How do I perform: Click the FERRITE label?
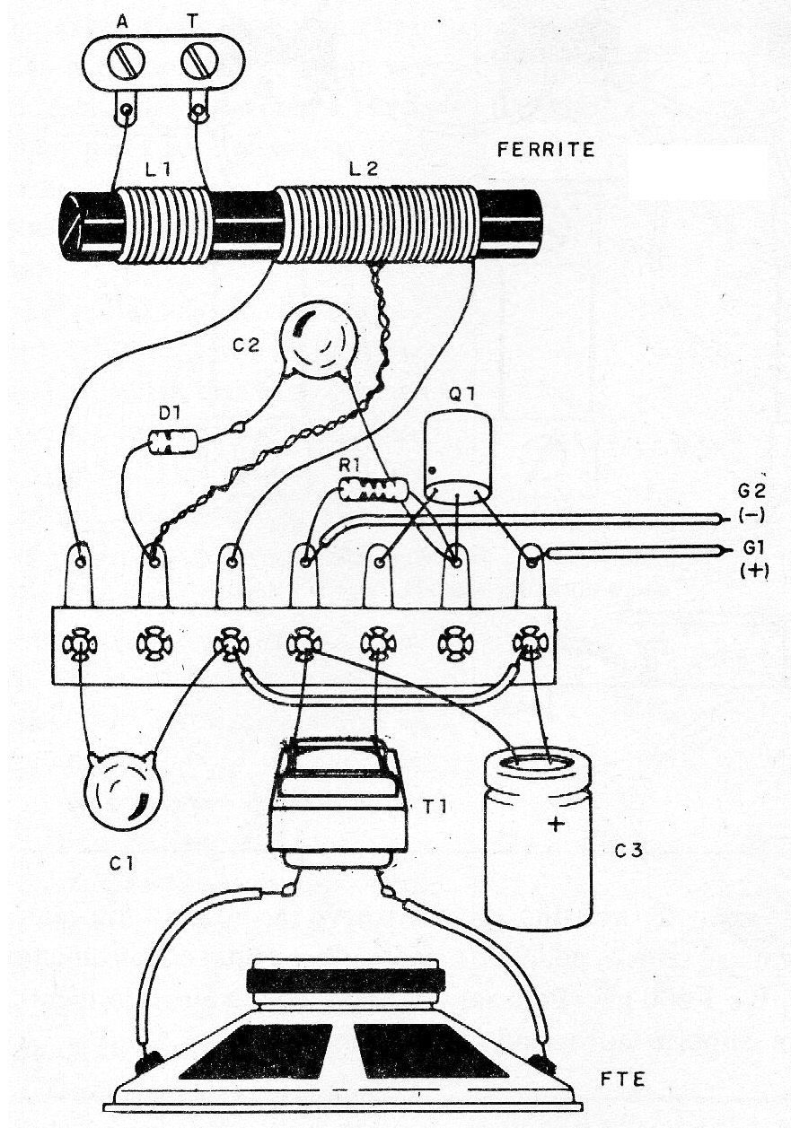pos(545,151)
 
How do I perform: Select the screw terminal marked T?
pos(198,63)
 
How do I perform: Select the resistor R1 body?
pos(373,490)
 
